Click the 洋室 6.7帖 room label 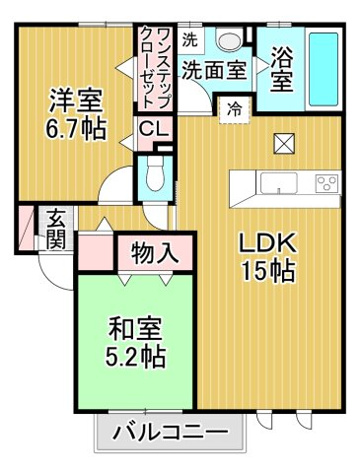point(75,114)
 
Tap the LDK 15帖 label point(269,257)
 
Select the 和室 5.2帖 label point(135,343)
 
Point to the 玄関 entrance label point(56,229)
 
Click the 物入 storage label point(154,252)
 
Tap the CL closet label point(153,129)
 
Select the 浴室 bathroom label point(282,69)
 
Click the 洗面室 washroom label point(215,70)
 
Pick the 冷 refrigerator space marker point(235,109)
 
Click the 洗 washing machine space point(190,40)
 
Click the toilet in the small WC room point(155,174)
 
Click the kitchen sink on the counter point(279,183)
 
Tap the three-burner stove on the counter point(326,183)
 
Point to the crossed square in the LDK point(284,143)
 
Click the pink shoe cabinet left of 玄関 point(26,228)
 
